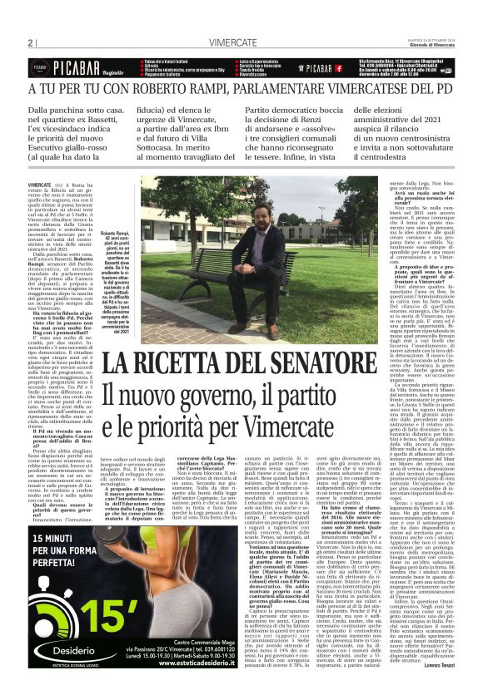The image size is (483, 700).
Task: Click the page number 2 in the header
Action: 30,42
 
